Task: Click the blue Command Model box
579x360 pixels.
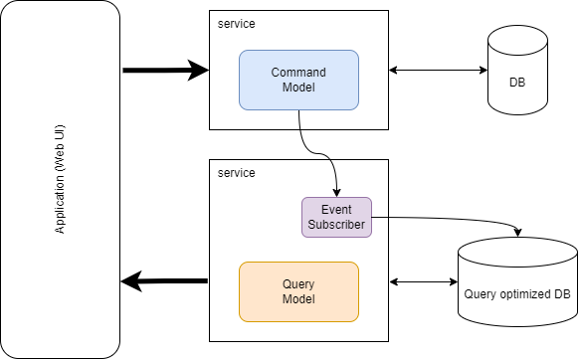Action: tap(298, 80)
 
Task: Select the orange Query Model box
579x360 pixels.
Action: tap(298, 291)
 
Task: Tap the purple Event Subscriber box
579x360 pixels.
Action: tap(336, 217)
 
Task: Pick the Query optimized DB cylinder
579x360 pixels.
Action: tap(517, 283)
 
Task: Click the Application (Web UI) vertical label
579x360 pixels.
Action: tap(61, 180)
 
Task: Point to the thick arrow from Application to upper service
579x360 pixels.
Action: tap(159, 70)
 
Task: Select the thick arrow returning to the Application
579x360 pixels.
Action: tap(164, 281)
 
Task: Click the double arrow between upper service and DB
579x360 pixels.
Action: tap(437, 70)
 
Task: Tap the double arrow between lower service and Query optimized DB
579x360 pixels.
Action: tap(423, 281)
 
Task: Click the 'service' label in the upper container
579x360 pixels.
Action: tap(236, 23)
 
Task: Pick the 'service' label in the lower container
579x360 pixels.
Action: tap(236, 172)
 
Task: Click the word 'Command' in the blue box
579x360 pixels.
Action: tap(298, 73)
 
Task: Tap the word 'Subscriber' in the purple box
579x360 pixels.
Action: tap(336, 225)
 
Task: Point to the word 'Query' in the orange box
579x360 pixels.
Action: tap(298, 284)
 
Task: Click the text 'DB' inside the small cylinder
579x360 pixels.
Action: tap(517, 81)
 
